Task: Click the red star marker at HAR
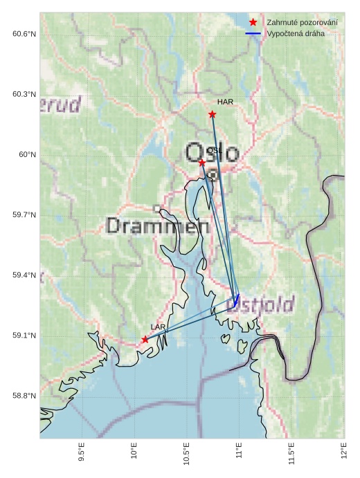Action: click(213, 114)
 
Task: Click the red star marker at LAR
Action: click(145, 339)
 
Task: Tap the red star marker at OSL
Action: click(201, 163)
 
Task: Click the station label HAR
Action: click(225, 102)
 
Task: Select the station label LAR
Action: click(158, 327)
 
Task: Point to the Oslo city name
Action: click(213, 153)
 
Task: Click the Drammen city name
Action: click(159, 226)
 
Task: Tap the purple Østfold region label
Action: click(260, 304)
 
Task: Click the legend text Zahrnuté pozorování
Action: click(303, 22)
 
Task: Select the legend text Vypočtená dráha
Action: click(296, 33)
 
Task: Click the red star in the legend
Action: click(253, 22)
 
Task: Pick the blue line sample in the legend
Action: click(253, 33)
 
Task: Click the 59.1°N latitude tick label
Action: click(24, 335)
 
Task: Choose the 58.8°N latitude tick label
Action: click(24, 396)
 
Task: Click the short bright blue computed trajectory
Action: click(237, 300)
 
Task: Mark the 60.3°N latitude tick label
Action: click(24, 94)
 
